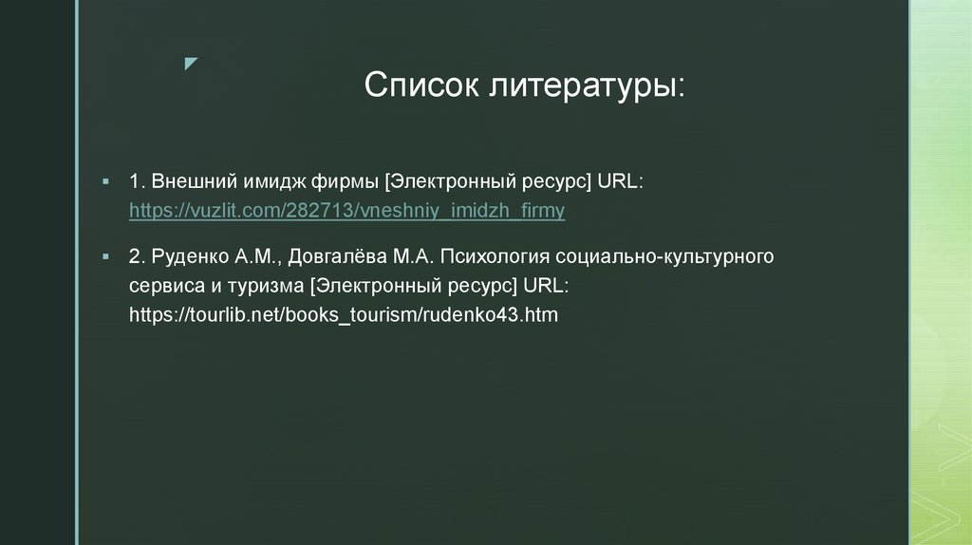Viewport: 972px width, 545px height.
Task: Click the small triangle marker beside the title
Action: [191, 64]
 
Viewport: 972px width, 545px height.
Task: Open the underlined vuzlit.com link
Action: [347, 211]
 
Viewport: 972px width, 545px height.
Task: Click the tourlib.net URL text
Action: [344, 314]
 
